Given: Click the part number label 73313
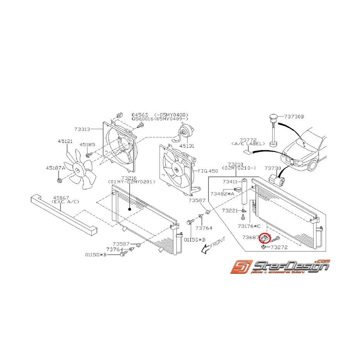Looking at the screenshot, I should click(x=82, y=130).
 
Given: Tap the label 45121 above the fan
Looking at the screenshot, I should click(x=65, y=142).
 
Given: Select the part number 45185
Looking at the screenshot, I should click(x=87, y=144).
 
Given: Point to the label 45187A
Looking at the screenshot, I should click(x=55, y=168).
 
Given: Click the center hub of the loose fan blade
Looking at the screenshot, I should click(x=77, y=170).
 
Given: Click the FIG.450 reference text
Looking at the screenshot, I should click(x=208, y=171).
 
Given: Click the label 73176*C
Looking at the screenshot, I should click(x=249, y=226).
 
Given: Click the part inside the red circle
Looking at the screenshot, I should click(x=266, y=239).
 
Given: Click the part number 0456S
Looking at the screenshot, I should click(x=140, y=115).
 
